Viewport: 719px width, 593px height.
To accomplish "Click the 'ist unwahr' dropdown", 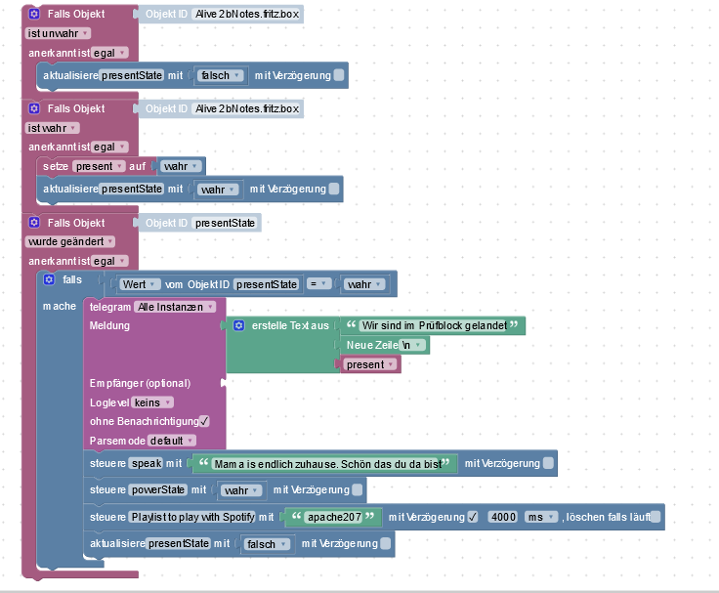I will click(58, 32).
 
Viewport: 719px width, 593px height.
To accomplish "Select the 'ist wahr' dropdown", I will click(52, 127).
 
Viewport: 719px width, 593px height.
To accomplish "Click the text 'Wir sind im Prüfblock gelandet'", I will click(433, 325).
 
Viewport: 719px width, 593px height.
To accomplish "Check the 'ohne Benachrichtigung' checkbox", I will click(204, 421).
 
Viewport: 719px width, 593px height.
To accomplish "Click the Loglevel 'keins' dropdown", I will click(153, 402).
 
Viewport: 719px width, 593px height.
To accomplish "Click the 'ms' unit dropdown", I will click(538, 517).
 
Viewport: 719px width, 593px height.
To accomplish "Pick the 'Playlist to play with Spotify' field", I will click(191, 517).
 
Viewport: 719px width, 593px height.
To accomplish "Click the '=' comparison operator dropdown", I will click(317, 284).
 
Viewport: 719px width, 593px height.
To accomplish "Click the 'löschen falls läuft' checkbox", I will click(656, 517).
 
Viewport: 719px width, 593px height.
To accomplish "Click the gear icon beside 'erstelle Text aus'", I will click(238, 324).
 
